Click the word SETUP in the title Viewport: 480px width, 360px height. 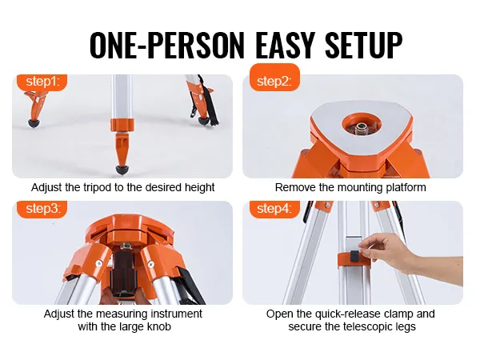[x=364, y=45]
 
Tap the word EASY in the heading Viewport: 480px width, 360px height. [x=286, y=45]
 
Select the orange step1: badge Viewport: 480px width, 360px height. [x=42, y=82]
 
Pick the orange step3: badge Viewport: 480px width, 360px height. [x=42, y=209]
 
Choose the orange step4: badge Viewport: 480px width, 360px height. [x=274, y=209]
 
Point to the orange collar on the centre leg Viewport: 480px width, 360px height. [x=122, y=125]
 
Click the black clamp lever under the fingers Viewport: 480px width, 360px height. [x=355, y=256]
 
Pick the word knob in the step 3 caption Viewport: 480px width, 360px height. [x=158, y=326]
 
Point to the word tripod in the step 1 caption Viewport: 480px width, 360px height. [x=97, y=187]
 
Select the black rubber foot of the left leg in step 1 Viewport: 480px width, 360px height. [x=34, y=123]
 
